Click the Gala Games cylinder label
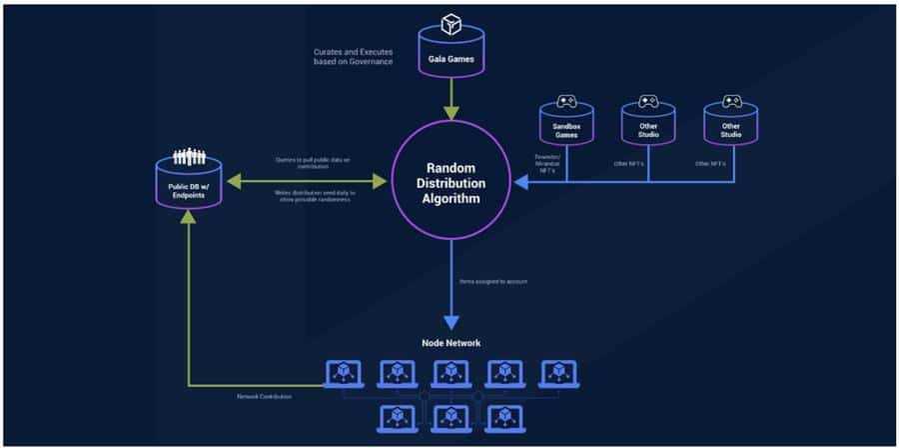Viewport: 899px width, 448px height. [x=449, y=59]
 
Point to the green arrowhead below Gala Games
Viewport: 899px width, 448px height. [x=449, y=111]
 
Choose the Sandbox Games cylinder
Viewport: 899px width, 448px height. [x=566, y=127]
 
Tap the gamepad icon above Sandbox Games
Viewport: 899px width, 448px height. [x=566, y=101]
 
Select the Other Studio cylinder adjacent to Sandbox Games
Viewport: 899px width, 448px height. [x=647, y=127]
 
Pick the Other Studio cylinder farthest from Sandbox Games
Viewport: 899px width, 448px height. [x=729, y=127]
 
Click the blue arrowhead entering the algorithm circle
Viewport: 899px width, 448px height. [x=519, y=182]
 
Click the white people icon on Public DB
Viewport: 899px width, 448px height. [x=187, y=157]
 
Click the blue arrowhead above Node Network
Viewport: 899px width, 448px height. [x=449, y=321]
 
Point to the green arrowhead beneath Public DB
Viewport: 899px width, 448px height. [x=187, y=219]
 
